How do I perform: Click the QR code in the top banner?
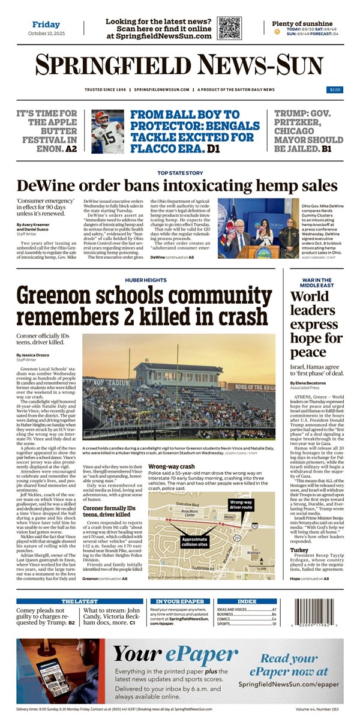point(229,28)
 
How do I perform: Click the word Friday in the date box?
point(46,25)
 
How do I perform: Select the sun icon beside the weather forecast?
point(277,32)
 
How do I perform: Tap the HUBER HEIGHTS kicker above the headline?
point(142,280)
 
